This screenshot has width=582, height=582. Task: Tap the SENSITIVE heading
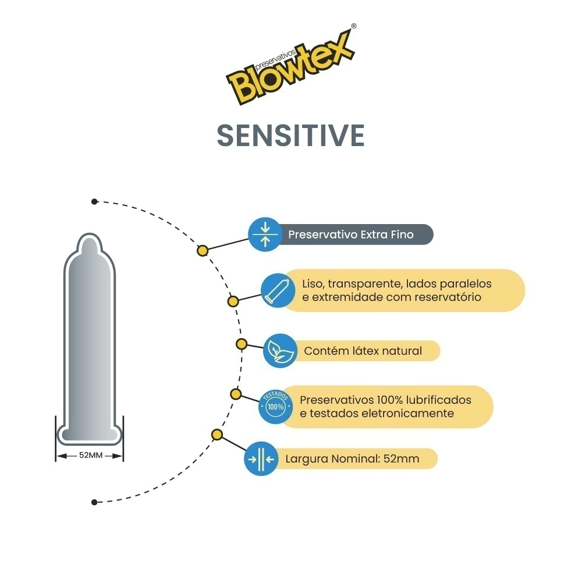tap(290, 135)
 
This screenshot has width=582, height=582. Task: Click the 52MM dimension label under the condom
tap(90, 455)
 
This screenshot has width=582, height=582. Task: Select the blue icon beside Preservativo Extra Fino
tap(265, 234)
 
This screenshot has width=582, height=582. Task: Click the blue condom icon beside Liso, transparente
tap(276, 290)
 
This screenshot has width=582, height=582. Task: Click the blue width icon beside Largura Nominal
tap(260, 459)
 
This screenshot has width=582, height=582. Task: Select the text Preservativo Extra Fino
tap(350, 235)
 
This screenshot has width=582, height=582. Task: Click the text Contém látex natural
tap(363, 351)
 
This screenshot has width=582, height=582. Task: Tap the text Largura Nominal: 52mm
tap(352, 459)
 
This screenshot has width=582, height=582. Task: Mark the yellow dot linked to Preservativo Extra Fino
tap(203, 251)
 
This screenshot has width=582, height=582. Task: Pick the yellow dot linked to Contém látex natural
tap(241, 343)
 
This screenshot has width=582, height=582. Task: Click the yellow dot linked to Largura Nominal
tap(217, 435)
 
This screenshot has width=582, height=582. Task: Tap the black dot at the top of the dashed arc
tap(94, 201)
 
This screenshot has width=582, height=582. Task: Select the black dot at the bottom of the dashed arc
tap(94, 502)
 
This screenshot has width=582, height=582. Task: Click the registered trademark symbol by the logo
tap(353, 26)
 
